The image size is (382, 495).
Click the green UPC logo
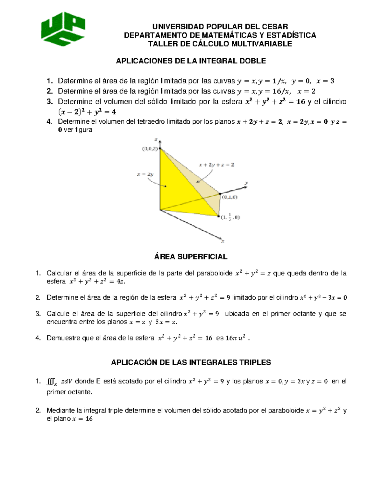pyautogui.click(x=63, y=29)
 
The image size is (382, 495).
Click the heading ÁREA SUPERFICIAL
pyautogui.click(x=191, y=257)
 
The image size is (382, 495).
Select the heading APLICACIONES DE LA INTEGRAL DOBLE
pyautogui.click(x=191, y=61)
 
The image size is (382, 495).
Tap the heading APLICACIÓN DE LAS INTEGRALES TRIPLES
pyautogui.click(x=191, y=362)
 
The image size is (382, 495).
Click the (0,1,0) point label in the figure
pyautogui.click(x=230, y=197)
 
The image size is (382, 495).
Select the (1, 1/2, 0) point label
pyautogui.click(x=230, y=218)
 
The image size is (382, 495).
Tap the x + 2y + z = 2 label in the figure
pyautogui.click(x=216, y=165)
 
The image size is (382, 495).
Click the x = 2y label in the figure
pyautogui.click(x=145, y=174)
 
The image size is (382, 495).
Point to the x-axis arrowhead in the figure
pyautogui.click(x=220, y=238)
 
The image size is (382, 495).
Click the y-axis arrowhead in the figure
pyautogui.click(x=245, y=187)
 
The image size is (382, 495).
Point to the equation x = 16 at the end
pyautogui.click(x=82, y=419)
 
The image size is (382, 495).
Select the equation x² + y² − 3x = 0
pyautogui.click(x=323, y=298)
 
